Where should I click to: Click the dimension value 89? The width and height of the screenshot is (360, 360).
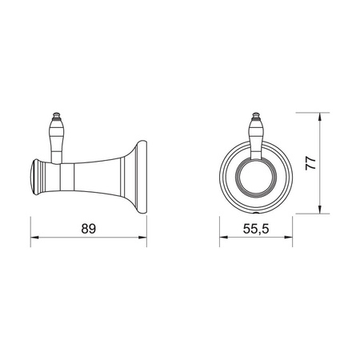tap(89, 229)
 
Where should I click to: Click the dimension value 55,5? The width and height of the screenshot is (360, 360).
tap(256, 229)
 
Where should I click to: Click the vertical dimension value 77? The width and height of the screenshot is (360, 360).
tap(310, 163)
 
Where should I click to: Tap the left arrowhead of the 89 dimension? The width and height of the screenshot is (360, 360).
tap(34, 237)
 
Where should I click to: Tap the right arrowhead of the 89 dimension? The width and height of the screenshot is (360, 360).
tap(142, 237)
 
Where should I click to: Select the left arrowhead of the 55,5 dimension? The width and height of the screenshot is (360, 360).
tap(223, 237)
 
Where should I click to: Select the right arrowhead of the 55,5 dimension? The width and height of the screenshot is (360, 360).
tap(289, 237)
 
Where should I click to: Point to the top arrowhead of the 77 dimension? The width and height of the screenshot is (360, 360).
tap(320, 117)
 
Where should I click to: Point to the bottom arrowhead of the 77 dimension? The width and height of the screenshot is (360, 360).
tap(320, 210)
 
